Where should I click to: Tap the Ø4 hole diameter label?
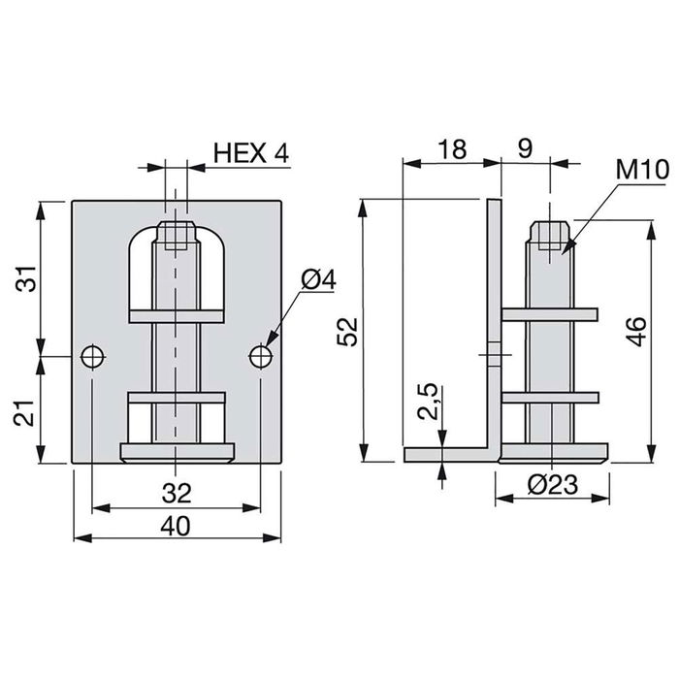318,280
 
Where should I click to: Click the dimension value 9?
524,149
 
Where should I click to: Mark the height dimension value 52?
350,331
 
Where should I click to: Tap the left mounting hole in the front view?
92,356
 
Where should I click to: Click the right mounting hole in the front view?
260,356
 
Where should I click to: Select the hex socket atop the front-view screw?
178,236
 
